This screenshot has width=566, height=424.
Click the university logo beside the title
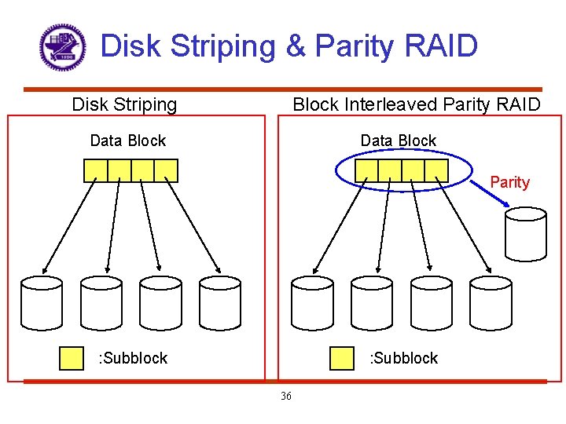[62, 47]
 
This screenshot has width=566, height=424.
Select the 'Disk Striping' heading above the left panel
[124, 104]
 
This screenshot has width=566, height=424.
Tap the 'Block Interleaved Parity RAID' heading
[416, 104]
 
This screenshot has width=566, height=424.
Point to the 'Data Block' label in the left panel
[128, 141]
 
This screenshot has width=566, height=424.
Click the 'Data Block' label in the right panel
[398, 141]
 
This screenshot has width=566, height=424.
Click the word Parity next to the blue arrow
[509, 182]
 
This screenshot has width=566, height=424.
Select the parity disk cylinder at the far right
[525, 234]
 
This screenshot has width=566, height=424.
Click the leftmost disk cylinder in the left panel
[41, 302]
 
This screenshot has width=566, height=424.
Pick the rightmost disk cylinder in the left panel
[219, 302]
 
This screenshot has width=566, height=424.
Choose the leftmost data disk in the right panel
[312, 302]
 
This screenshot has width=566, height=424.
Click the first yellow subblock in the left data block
[96, 170]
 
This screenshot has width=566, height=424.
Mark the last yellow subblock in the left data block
[166, 170]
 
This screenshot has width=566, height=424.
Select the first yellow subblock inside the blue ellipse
[367, 170]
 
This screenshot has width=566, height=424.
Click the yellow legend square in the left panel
[72, 358]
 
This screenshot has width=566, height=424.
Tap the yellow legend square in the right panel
[342, 358]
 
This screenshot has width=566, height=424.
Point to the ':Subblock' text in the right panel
[403, 358]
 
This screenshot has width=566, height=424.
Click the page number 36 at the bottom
[285, 396]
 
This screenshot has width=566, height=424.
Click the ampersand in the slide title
[296, 46]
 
